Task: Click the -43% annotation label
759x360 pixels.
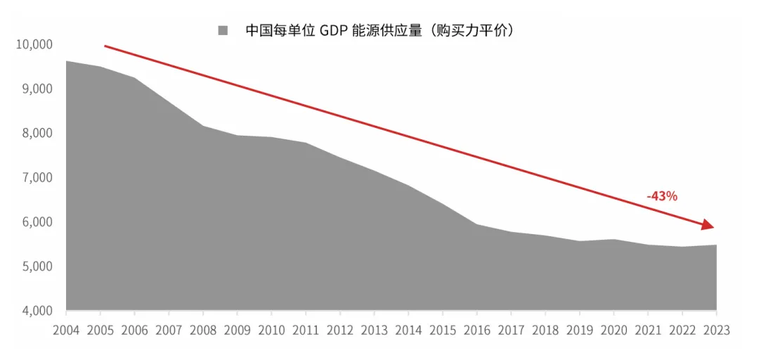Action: coord(662,196)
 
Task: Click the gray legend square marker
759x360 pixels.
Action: coord(223,30)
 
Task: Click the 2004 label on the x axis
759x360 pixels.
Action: coord(66,330)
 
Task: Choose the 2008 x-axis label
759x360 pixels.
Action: coord(203,330)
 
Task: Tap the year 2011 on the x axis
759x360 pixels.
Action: coord(306,330)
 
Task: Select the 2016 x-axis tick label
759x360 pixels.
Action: coord(477,330)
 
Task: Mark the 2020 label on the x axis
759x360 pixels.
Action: coord(614,330)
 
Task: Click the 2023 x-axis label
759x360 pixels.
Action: coord(716,330)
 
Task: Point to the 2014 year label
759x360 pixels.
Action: coord(408,330)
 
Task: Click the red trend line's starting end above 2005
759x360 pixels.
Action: coord(105,46)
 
